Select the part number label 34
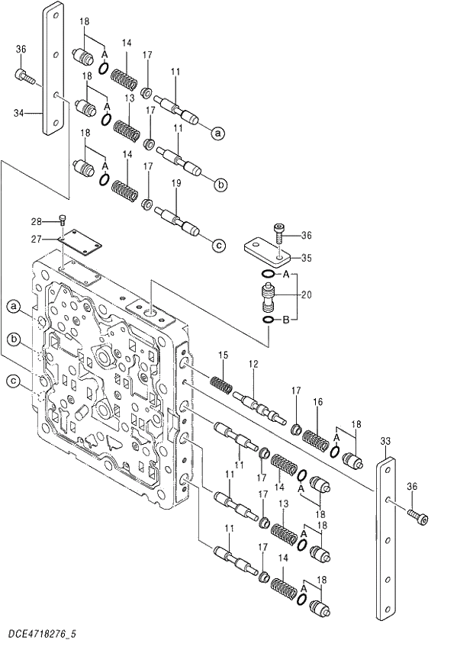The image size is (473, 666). click(19, 113)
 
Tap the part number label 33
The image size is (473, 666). click(385, 441)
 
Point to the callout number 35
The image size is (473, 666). click(306, 258)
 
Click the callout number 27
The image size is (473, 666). click(35, 239)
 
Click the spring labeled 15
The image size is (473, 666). click(220, 383)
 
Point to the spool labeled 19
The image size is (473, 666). click(177, 220)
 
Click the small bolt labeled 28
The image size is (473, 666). click(62, 220)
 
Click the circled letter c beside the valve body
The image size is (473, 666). click(13, 381)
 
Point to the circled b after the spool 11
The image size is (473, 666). click(220, 184)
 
